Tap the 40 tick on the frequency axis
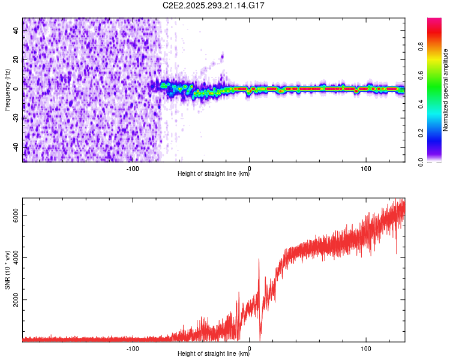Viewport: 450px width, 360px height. [x=17, y=31]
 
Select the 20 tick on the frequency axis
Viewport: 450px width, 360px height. [x=17, y=60]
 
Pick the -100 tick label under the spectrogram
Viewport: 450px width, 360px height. [x=133, y=169]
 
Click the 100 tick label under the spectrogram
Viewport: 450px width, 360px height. [x=365, y=169]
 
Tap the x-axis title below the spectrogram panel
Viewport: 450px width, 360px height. [x=214, y=175]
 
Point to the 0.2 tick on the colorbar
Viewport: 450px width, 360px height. [x=439, y=133]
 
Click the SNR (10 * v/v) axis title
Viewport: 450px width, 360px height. [x=7, y=269]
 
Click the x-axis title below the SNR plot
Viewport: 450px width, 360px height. [x=214, y=354]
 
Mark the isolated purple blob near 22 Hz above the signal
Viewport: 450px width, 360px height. [x=222, y=58]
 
